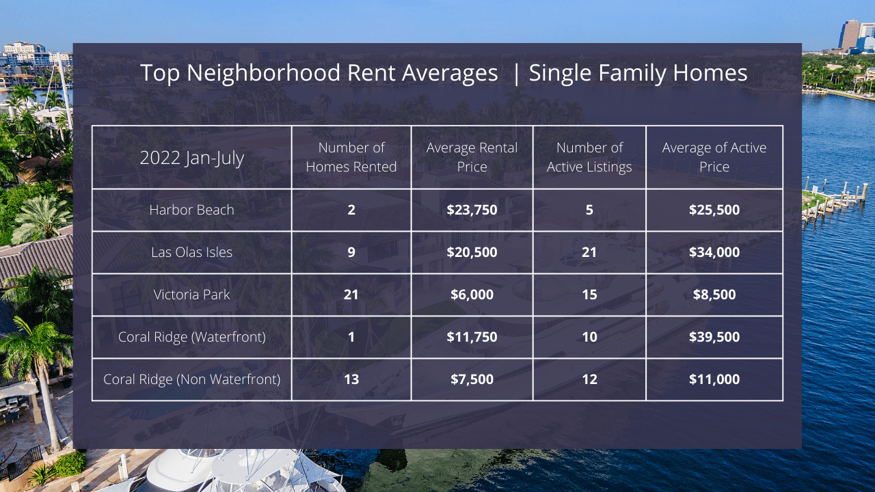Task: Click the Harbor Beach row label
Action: (191, 210)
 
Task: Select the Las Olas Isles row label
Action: (191, 252)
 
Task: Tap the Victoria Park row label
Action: (191, 295)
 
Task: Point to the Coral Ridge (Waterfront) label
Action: (191, 337)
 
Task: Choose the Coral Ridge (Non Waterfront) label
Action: (191, 379)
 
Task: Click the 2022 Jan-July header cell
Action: (191, 158)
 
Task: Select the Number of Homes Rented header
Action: (351, 157)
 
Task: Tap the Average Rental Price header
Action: (472, 157)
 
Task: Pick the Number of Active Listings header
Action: (589, 157)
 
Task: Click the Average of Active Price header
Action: (714, 157)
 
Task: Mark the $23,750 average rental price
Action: (472, 210)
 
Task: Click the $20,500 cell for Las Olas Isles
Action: (472, 252)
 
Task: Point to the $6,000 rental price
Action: (472, 295)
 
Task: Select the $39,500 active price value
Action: (714, 337)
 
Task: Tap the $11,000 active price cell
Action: (714, 379)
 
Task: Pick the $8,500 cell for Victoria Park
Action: (714, 295)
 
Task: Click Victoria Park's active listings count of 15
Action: (589, 295)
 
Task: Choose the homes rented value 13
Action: (351, 379)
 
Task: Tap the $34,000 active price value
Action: (714, 252)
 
